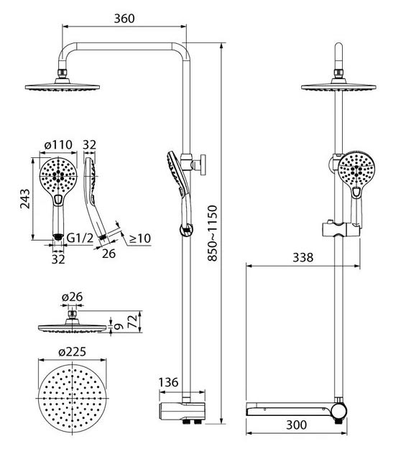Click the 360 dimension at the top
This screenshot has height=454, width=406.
coord(124,19)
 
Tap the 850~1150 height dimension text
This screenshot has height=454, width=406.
coord(212,233)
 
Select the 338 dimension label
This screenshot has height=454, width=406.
coord(303,257)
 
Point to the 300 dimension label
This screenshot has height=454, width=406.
coord(296,425)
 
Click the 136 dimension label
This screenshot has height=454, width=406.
coord(168,382)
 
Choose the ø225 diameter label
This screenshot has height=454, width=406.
coord(72,352)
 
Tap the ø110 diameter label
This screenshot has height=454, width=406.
coord(58,144)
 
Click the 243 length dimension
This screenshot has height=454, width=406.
coord(25,198)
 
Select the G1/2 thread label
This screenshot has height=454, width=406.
coord(80,238)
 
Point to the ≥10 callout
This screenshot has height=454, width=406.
coord(140,238)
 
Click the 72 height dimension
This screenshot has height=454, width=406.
coord(133,321)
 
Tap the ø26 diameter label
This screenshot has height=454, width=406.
coord(72,297)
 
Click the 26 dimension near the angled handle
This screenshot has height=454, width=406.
coord(109,254)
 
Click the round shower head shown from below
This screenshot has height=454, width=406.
coord(72,398)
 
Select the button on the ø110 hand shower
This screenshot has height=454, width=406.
coord(58,200)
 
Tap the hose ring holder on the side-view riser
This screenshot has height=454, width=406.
coord(186,230)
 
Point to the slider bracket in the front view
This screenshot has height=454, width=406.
coord(341,229)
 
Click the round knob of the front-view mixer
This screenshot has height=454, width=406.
coord(339,411)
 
